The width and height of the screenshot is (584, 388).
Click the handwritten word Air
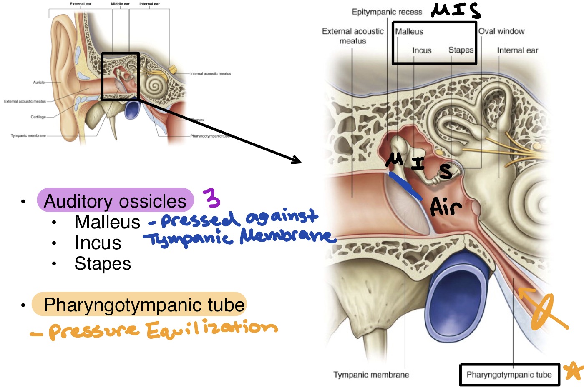[x=446, y=207]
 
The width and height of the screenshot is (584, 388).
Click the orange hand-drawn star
[x=574, y=370]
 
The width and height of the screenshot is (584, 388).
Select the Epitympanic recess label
[x=387, y=12]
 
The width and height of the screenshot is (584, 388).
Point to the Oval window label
[x=501, y=31]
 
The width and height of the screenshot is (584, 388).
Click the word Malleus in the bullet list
[x=107, y=222]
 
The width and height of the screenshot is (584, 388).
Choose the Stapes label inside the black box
[x=461, y=50]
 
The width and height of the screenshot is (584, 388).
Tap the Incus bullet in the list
[x=98, y=243]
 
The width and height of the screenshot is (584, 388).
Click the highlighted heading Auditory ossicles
[x=115, y=201]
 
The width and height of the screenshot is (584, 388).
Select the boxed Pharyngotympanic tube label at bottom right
[x=509, y=375]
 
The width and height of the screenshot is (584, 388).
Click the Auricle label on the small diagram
[x=39, y=83]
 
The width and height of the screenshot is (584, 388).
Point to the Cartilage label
[x=38, y=117]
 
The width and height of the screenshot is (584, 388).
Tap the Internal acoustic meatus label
[x=210, y=74]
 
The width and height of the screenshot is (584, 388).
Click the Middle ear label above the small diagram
[x=120, y=4]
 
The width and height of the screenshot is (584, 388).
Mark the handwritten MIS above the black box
[x=455, y=10]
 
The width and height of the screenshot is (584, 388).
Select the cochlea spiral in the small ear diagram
[x=155, y=86]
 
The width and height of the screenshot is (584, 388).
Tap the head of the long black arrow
[x=297, y=160]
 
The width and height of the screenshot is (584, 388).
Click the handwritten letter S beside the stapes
[x=446, y=171]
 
